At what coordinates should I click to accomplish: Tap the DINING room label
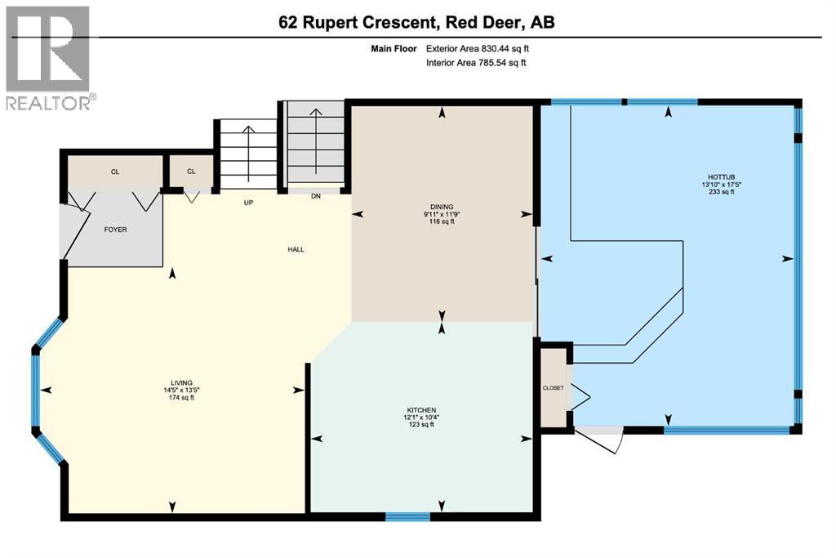[x=443, y=207]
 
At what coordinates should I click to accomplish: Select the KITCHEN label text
[x=422, y=409]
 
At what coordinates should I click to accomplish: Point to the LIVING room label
[x=180, y=382]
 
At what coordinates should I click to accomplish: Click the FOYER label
[x=114, y=230]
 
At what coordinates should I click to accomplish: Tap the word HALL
[x=296, y=249]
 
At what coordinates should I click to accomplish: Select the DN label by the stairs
[x=316, y=196]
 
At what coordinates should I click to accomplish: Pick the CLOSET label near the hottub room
[x=553, y=387]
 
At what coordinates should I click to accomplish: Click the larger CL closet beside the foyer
[x=114, y=172]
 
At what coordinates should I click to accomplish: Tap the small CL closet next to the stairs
[x=191, y=172]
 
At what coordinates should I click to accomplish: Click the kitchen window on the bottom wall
[x=407, y=516]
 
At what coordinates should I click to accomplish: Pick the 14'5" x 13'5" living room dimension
[x=180, y=390]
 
